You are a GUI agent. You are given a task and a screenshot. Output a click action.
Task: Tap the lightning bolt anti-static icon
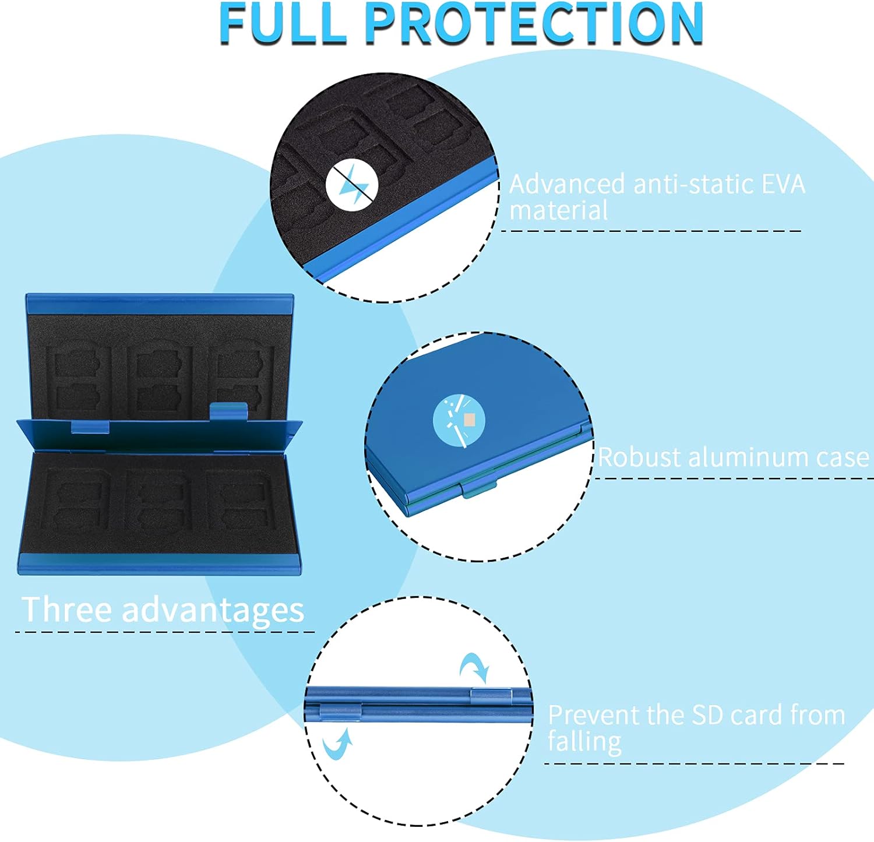click(x=352, y=185)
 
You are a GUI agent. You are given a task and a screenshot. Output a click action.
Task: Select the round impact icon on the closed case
click(x=459, y=421)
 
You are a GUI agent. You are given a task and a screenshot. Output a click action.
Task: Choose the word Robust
click(x=640, y=457)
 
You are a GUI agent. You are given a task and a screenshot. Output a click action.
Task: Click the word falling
click(x=584, y=742)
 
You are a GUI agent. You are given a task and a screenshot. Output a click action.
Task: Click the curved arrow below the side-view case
click(x=337, y=743)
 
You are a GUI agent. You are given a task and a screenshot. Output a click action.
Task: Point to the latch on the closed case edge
click(x=480, y=488)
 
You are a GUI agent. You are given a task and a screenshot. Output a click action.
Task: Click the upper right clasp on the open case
click(x=228, y=411)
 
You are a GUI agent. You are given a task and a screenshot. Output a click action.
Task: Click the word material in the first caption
click(x=559, y=210)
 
